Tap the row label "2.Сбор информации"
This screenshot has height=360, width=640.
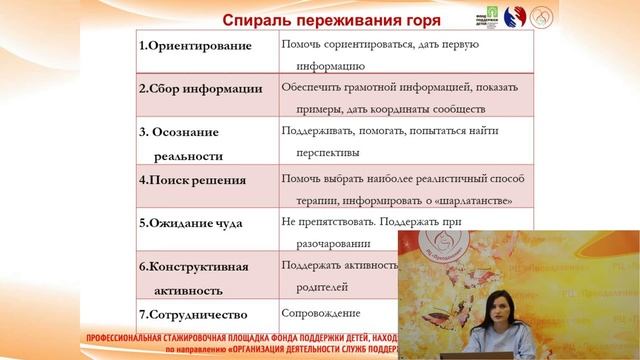pos(200,88)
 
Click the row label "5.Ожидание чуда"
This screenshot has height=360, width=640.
pos(190,222)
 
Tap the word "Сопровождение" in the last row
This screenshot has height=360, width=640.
pos(319,313)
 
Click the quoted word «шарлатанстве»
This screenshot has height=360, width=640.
pos(473,200)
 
